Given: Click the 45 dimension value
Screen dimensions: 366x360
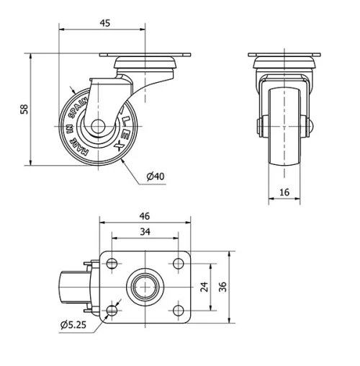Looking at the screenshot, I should click(x=104, y=23).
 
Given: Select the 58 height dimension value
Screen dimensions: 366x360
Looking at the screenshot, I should click(x=24, y=109).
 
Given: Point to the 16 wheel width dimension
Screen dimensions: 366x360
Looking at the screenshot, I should click(x=283, y=192).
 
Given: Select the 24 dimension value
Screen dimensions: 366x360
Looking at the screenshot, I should click(x=204, y=287).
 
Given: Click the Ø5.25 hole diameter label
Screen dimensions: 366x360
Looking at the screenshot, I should click(x=73, y=325).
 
